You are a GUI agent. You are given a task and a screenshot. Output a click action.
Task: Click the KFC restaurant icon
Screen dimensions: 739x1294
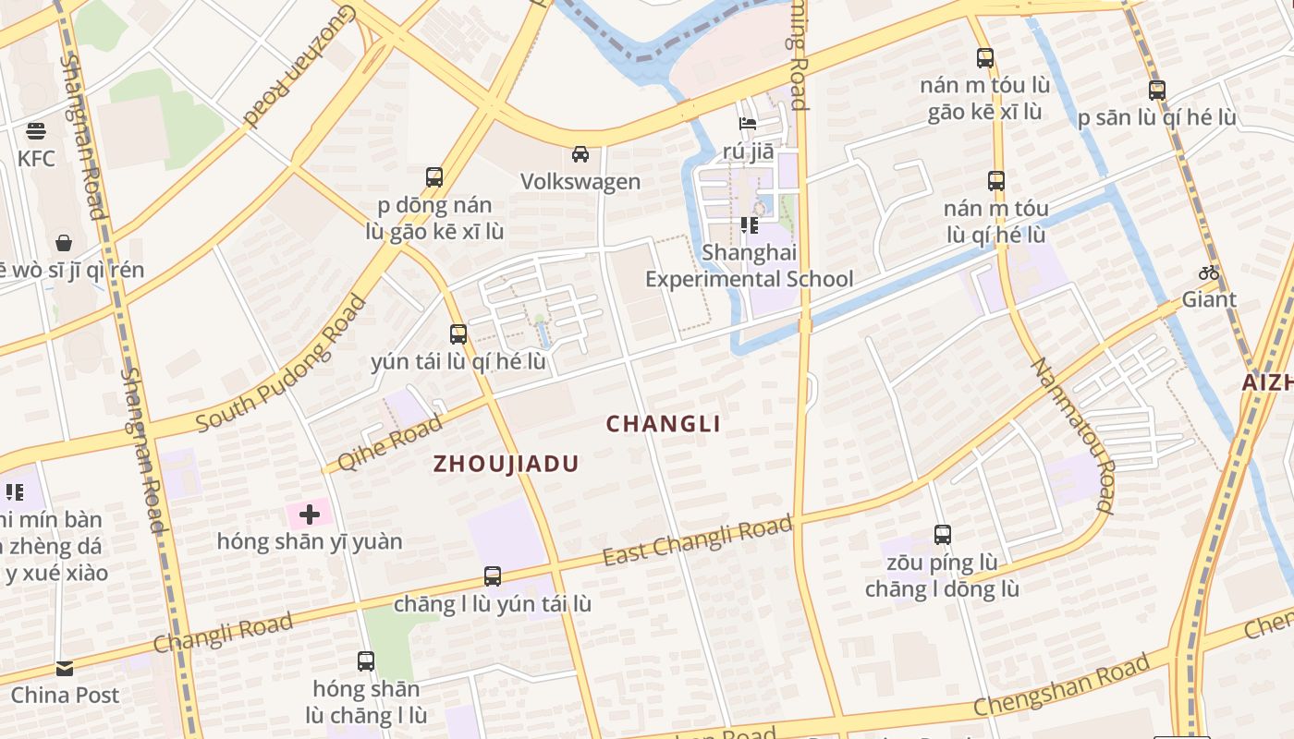click(36, 130)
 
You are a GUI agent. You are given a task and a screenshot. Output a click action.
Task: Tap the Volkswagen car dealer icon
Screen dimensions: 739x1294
click(580, 153)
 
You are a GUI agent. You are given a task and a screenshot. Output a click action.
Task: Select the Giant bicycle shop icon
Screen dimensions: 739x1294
click(1208, 273)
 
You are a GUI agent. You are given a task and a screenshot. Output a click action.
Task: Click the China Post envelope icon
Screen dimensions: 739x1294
click(64, 668)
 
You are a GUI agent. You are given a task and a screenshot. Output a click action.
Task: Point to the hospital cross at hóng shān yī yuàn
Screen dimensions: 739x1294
click(310, 514)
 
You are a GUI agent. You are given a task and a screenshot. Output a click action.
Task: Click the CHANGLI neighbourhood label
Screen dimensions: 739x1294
click(663, 424)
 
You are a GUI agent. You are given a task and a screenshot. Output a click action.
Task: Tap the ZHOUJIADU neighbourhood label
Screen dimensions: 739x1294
click(507, 464)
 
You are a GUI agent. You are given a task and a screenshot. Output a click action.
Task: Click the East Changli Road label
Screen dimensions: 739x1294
click(698, 541)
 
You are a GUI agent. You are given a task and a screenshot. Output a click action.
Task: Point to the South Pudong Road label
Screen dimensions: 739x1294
click(282, 364)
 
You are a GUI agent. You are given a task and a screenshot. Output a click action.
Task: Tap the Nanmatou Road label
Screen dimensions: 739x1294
click(1073, 434)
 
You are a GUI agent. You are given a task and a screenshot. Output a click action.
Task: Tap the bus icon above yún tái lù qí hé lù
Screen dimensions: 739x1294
click(458, 334)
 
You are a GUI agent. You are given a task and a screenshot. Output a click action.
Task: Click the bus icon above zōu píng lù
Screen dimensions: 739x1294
click(942, 534)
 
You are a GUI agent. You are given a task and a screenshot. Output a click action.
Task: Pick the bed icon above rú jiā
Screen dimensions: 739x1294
click(748, 123)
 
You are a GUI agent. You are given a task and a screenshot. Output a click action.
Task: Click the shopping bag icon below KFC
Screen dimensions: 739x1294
click(64, 243)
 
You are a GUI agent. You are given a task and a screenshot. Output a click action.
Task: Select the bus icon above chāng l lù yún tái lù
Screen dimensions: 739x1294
click(493, 576)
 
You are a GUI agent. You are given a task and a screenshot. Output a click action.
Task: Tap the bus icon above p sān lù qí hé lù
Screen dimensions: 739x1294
click(1156, 91)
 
